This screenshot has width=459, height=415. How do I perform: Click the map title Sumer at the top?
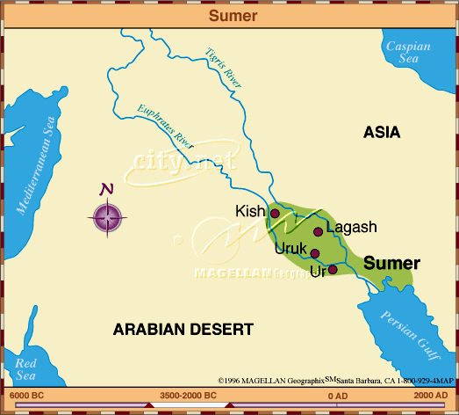point(229,15)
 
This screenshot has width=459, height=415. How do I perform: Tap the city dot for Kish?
point(275,213)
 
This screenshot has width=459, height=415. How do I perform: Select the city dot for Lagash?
point(319,232)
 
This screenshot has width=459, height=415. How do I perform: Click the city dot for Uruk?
point(315,253)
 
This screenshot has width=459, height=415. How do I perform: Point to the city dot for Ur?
point(332,269)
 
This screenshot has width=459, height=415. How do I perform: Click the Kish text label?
point(250,212)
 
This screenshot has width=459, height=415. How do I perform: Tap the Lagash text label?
point(351,227)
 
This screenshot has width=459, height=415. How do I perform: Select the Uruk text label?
point(290,249)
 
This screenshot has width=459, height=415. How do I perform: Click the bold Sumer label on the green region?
point(391,263)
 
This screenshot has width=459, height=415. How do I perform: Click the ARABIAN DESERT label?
point(183,330)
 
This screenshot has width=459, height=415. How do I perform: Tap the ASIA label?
point(382,133)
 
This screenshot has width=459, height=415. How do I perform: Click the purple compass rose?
point(107,215)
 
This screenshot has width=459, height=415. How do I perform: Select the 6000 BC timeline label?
point(26,396)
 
